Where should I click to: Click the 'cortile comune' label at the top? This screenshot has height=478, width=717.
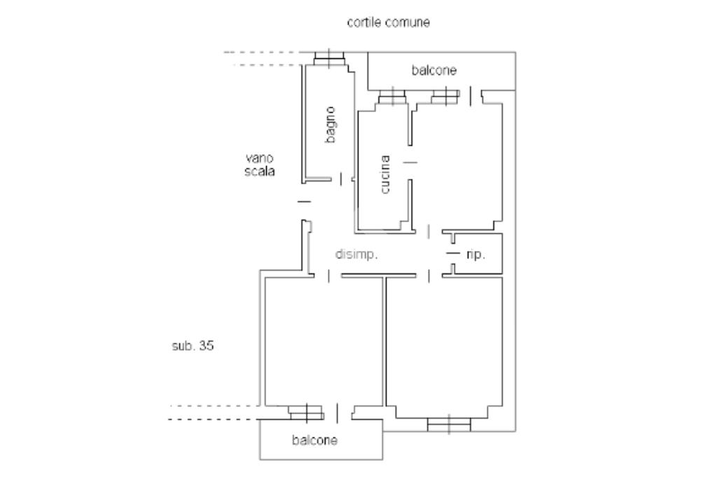pos(389,22)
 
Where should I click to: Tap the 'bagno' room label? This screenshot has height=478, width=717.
pos(330,125)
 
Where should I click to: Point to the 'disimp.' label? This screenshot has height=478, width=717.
pos(356,255)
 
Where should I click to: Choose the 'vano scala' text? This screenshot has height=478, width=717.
pos(260,165)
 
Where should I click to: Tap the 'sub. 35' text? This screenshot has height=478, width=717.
pos(193,346)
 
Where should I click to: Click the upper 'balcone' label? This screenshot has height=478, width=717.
pos(434,70)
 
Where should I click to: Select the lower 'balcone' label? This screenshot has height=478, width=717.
pos(315,441)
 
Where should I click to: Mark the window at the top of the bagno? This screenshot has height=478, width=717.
pos(329,59)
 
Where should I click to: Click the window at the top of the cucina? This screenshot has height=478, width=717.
pos(392,97)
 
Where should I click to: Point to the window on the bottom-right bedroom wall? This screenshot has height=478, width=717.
pos(449,424)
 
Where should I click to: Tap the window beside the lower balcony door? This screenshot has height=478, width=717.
pos(306,411)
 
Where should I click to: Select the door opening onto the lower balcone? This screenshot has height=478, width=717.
pos(337,413)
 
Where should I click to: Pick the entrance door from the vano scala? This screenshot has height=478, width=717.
pos(304,202)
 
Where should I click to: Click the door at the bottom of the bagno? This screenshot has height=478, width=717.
pos(341,179)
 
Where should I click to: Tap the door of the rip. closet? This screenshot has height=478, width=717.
pos(453,252)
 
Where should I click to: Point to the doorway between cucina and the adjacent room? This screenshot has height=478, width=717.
pos(410,163)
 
